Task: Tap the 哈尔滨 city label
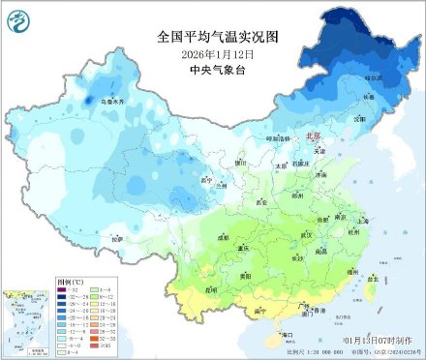[x=375, y=76]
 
